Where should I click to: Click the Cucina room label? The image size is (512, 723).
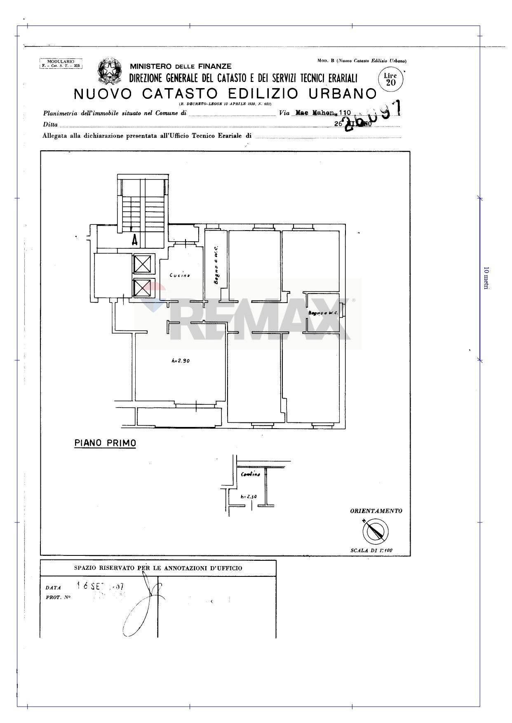(180, 275)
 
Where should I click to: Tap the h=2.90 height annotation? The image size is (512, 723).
(180, 361)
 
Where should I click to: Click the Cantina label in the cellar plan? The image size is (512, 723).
(251, 474)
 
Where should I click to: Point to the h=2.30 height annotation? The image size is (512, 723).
(249, 497)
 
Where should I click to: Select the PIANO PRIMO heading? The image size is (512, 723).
(105, 443)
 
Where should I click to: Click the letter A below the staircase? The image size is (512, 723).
(134, 240)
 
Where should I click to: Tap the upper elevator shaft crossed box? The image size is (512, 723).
(143, 264)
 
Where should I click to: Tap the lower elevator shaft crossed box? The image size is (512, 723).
(143, 288)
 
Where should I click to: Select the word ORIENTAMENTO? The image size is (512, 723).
(376, 511)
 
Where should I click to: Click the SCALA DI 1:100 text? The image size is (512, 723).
(374, 550)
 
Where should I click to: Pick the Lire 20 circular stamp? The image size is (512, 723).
(390, 79)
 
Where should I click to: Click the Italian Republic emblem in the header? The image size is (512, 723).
(109, 70)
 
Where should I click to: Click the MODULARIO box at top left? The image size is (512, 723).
(61, 63)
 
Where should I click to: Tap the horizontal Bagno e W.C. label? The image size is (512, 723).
(323, 313)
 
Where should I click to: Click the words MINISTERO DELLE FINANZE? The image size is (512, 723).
(181, 66)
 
